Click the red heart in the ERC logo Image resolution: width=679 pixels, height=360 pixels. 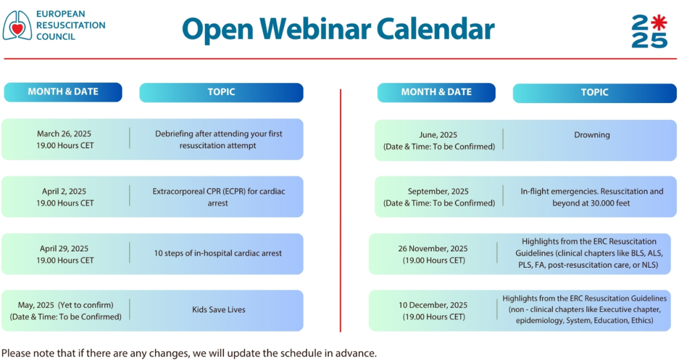(x=18, y=29)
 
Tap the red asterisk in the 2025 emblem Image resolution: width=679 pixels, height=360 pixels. (x=659, y=23)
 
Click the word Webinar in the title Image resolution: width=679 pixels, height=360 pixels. (x=315, y=29)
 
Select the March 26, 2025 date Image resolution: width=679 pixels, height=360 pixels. (x=64, y=134)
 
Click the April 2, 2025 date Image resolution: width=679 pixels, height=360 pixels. (x=64, y=191)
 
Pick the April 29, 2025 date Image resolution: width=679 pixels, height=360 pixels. (x=64, y=248)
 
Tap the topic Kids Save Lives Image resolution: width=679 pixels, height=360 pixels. (x=218, y=310)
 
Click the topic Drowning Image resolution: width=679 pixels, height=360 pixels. (x=592, y=135)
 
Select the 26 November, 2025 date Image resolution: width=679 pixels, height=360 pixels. (x=433, y=248)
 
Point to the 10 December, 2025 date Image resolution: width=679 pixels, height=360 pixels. (x=433, y=305)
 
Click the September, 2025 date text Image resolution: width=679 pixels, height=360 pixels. (x=438, y=191)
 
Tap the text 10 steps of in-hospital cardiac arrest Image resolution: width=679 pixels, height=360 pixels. (x=218, y=253)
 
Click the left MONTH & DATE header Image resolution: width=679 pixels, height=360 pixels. (x=63, y=92)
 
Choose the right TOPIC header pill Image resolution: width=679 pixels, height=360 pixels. (x=595, y=93)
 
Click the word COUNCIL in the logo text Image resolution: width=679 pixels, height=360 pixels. (x=55, y=37)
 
